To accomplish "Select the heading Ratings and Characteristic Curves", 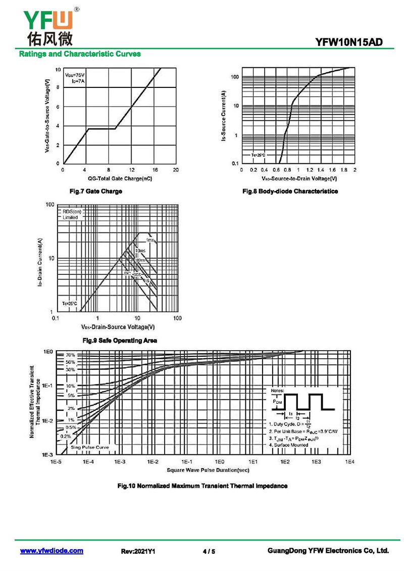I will click(x=80, y=54).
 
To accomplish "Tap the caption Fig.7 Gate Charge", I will click(x=95, y=192).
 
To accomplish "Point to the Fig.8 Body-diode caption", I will click(x=290, y=192).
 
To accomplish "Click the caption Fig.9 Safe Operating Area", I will click(x=120, y=341).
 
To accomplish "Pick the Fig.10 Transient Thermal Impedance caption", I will click(x=202, y=486).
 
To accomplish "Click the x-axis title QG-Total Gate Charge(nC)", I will click(x=120, y=178).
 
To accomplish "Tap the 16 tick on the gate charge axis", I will click(x=155, y=170).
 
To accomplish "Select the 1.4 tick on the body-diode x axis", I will click(x=320, y=170).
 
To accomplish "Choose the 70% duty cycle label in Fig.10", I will click(x=70, y=355).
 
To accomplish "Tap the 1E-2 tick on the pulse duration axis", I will click(x=153, y=462).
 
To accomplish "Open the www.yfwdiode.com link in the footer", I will click(x=52, y=551).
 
